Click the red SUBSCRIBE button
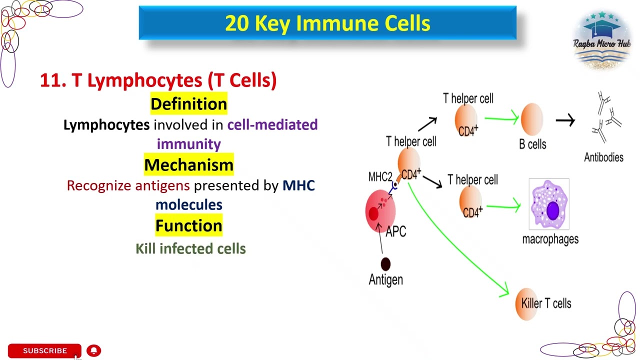point(44,350)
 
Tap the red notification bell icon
point(93,350)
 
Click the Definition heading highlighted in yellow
point(188,104)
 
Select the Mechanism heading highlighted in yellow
point(188,165)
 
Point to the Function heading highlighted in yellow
point(188,225)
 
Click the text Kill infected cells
point(190,248)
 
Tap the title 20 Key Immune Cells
point(327,23)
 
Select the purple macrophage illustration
point(548,204)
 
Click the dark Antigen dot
point(385,263)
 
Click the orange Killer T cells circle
point(525,303)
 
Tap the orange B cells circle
point(531,119)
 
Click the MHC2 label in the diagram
point(380,177)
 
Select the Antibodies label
point(603,157)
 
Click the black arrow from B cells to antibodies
point(565,120)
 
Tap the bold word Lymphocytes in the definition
point(106,125)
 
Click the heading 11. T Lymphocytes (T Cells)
point(158,80)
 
